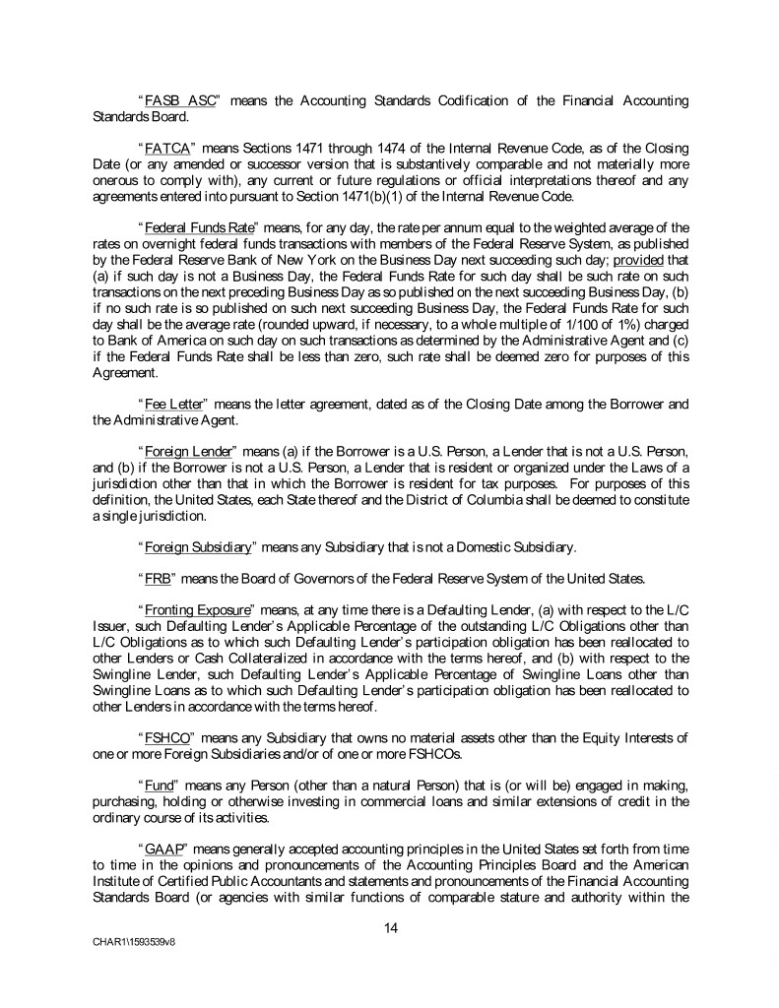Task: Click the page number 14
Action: tap(390, 925)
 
